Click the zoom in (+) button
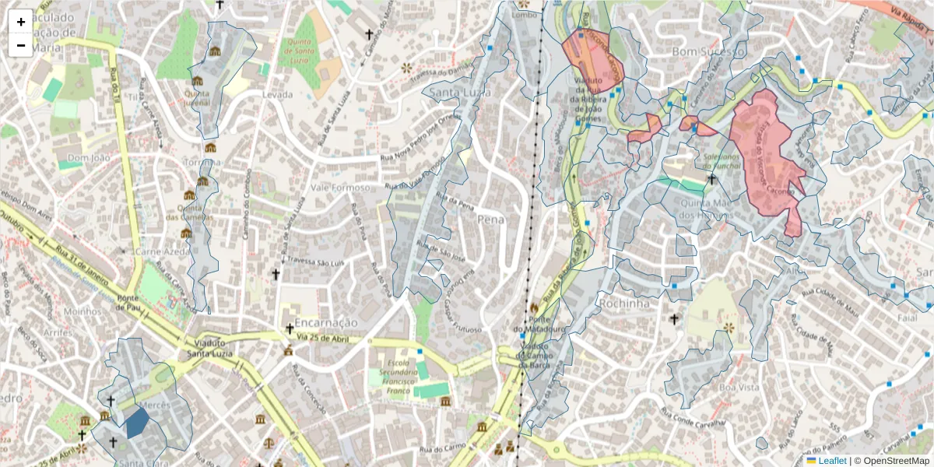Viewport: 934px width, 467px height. coord(21,22)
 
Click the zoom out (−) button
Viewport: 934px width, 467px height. coord(21,45)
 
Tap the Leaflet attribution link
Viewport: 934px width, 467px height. coord(831,461)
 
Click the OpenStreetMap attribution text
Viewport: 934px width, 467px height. coord(895,461)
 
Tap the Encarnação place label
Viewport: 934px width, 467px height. coord(321,322)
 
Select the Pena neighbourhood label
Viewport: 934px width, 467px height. coord(491,219)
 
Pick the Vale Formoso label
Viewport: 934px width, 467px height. coord(339,188)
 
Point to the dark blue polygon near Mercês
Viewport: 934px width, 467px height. coord(137,423)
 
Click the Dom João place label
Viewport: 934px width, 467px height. coord(86,158)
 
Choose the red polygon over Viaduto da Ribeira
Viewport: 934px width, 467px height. coord(593,58)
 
